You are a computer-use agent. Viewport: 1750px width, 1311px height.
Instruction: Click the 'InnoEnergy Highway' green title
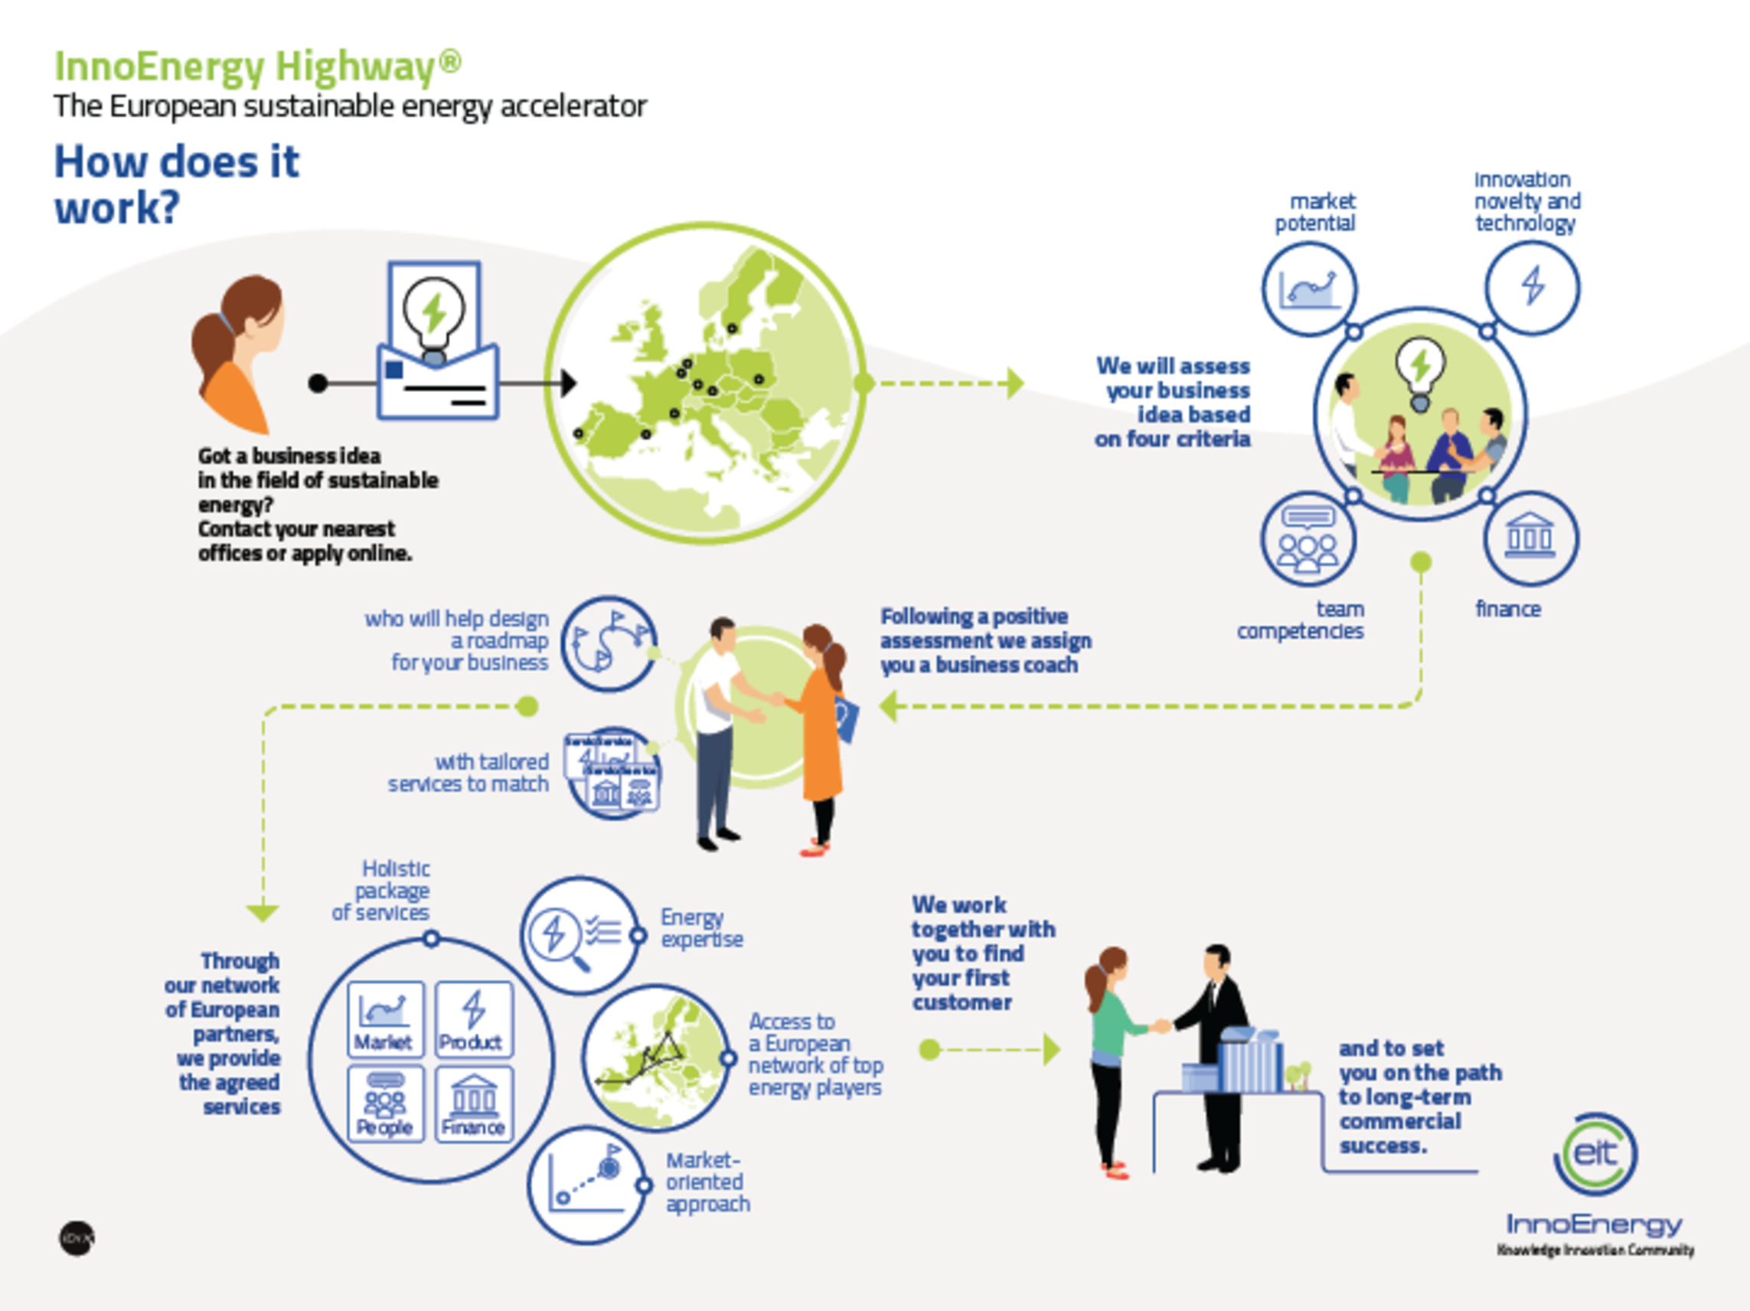tap(257, 67)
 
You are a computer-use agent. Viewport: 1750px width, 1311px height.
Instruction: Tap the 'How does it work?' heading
tap(175, 185)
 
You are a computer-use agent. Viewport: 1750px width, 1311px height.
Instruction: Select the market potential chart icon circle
tap(1309, 289)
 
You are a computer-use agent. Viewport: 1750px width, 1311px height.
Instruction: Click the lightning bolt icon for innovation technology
tap(1533, 286)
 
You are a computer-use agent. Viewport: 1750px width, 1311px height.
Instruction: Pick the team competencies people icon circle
tap(1308, 541)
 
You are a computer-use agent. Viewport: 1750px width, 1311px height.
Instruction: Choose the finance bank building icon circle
tap(1530, 539)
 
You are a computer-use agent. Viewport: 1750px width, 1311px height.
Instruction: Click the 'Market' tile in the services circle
tap(385, 1019)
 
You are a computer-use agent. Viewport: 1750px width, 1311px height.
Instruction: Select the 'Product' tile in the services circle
tap(473, 1019)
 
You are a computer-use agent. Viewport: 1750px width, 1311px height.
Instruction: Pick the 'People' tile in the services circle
tap(385, 1103)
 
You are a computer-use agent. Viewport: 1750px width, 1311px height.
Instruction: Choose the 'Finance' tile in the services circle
tap(473, 1103)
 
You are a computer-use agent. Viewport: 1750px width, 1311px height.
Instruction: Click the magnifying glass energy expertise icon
tap(578, 935)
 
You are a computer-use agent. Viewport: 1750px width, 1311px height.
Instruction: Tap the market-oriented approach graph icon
tap(586, 1185)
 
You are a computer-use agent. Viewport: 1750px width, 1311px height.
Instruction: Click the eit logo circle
tap(1595, 1154)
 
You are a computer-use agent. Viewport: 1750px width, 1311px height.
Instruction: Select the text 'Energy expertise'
tap(701, 928)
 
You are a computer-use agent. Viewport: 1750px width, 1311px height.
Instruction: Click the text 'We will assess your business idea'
tap(1174, 402)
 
